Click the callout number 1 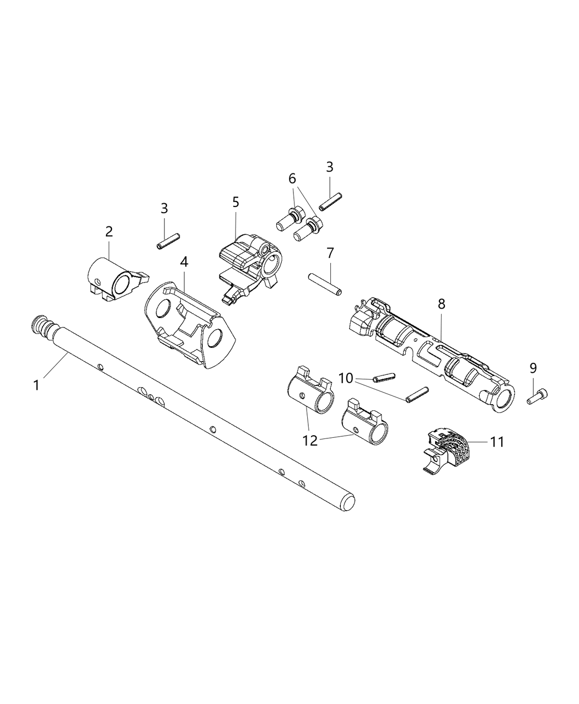[x=36, y=385]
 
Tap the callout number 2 [x=109, y=231]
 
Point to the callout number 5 [x=236, y=202]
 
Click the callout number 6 [x=292, y=178]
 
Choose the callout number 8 [x=441, y=303]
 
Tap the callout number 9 [x=533, y=368]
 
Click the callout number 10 [x=346, y=378]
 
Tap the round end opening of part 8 [x=504, y=398]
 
